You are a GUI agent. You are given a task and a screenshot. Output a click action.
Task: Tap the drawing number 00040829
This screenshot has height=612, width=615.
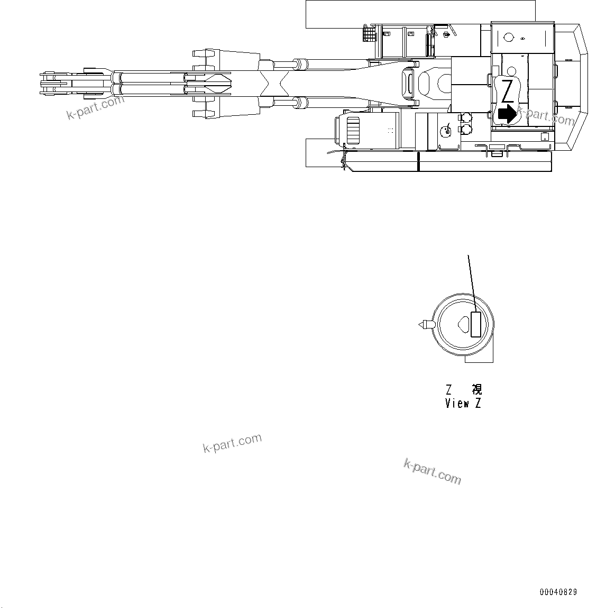point(558,592)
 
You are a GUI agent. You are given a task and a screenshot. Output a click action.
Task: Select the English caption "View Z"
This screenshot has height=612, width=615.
point(463,404)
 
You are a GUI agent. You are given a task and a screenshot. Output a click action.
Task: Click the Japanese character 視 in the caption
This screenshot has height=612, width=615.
point(476,390)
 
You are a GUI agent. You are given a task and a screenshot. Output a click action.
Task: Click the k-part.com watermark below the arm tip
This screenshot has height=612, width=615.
point(95,107)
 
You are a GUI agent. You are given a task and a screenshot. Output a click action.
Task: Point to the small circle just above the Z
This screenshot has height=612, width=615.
point(511,71)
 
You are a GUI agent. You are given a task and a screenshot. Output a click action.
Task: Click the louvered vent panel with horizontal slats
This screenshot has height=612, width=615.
point(353,130)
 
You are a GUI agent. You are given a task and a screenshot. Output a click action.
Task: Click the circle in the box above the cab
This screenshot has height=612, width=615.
point(509,38)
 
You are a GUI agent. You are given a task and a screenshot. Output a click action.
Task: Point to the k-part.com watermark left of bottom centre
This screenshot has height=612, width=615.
point(232,443)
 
